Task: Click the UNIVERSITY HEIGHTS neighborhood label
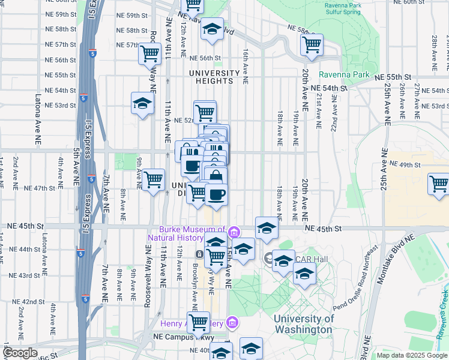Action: (x=218, y=73)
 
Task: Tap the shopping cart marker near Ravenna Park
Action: (x=312, y=44)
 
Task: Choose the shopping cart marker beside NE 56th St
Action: (x=149, y=54)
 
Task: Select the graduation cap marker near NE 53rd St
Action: (x=142, y=103)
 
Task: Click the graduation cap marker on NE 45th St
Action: (x=267, y=227)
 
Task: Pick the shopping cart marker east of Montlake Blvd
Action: (x=439, y=183)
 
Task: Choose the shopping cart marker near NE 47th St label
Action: (x=154, y=179)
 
